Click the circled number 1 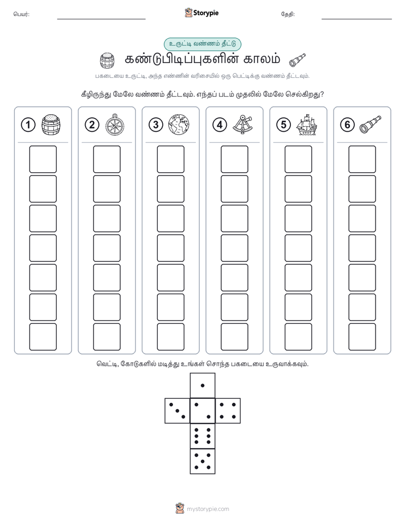pos(28,125)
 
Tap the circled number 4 pos(220,125)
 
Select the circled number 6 pos(347,125)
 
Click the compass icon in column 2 pos(115,125)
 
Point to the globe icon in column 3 pos(179,125)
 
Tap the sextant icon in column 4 pos(243,124)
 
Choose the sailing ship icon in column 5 pos(306,125)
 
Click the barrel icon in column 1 pos(51,125)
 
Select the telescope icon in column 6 pos(370,124)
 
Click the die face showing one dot pos(202,385)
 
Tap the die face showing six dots pos(202,436)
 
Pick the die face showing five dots pos(202,461)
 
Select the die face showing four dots pos(228,411)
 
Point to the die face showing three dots pos(177,411)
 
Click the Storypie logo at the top pos(201,13)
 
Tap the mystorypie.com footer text pos(208,509)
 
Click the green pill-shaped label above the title pos(202,44)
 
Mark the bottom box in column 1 pos(43,337)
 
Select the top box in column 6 pos(362,159)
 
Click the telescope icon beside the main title pos(297,60)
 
